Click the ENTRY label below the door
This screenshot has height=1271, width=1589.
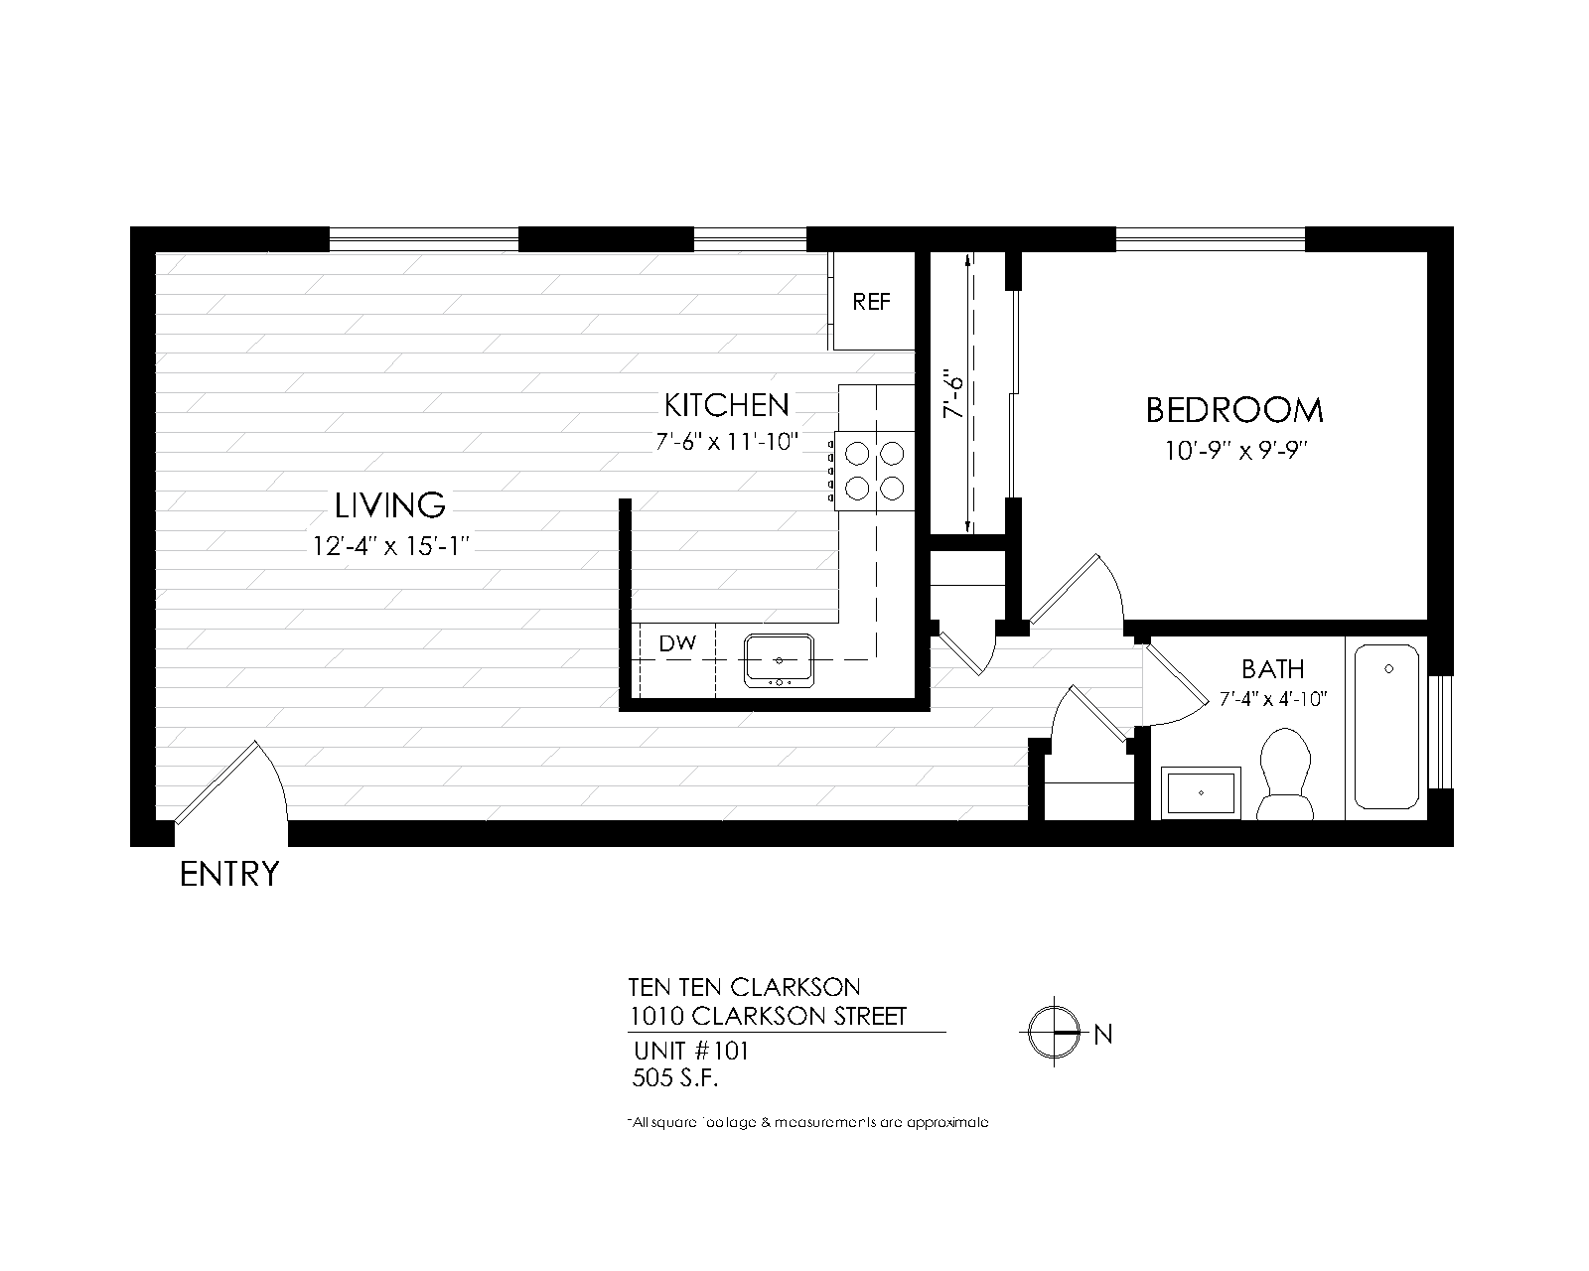pyautogui.click(x=229, y=874)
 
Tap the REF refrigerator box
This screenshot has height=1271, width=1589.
pyautogui.click(x=872, y=301)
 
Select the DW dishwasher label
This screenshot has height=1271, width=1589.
pyautogui.click(x=678, y=643)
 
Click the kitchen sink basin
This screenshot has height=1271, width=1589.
pyautogui.click(x=780, y=659)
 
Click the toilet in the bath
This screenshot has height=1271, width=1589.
pyautogui.click(x=1286, y=775)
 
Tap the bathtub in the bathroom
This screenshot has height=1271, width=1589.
pyautogui.click(x=1387, y=727)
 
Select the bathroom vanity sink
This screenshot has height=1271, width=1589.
pyautogui.click(x=1201, y=792)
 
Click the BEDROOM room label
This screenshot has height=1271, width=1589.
pyautogui.click(x=1234, y=410)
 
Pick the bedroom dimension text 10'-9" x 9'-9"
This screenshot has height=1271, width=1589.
pyautogui.click(x=1234, y=451)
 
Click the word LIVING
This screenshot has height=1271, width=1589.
pyautogui.click(x=389, y=505)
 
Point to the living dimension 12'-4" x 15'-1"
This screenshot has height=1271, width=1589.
pyautogui.click(x=389, y=545)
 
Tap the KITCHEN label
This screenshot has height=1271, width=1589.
pyautogui.click(x=726, y=405)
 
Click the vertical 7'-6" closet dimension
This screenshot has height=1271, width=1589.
pyautogui.click(x=953, y=394)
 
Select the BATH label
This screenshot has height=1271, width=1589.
pyautogui.click(x=1272, y=668)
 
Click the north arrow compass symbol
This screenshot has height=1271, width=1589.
pyautogui.click(x=1054, y=1034)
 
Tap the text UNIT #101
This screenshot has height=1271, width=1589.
pyautogui.click(x=690, y=1052)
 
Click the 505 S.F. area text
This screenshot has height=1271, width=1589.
pyautogui.click(x=674, y=1077)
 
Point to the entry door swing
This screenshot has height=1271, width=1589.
pyautogui.click(x=230, y=784)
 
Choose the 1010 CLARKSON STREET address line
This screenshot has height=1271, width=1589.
pyautogui.click(x=768, y=1017)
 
